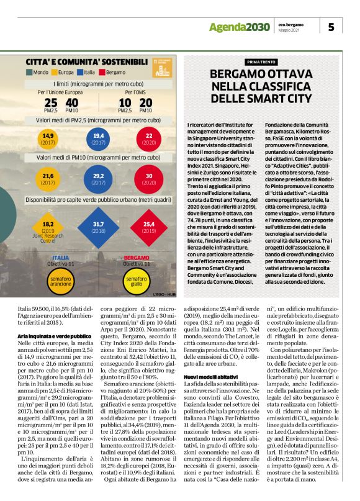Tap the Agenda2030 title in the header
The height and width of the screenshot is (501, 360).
pos(239,27)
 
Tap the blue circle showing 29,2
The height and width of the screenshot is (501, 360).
pos(98,179)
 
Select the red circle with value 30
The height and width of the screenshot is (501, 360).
pos(148,179)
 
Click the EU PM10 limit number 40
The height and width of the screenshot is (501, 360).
pos(71,102)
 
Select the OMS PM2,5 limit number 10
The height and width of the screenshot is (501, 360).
pos(125,102)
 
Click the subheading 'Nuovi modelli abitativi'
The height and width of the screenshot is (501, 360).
pos(210,376)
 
